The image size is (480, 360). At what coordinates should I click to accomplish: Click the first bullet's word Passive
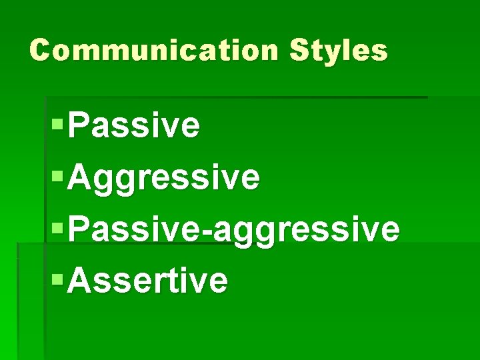point(133,125)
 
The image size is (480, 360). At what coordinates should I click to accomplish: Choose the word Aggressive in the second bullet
point(163,178)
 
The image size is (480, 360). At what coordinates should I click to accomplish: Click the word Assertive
point(147,281)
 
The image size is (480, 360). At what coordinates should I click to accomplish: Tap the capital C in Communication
point(41,51)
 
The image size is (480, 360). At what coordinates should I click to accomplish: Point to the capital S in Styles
point(299,51)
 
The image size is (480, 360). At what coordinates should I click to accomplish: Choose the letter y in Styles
point(331,53)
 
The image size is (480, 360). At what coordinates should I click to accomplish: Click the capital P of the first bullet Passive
point(79,125)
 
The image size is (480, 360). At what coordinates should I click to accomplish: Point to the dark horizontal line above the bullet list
point(233,97)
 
